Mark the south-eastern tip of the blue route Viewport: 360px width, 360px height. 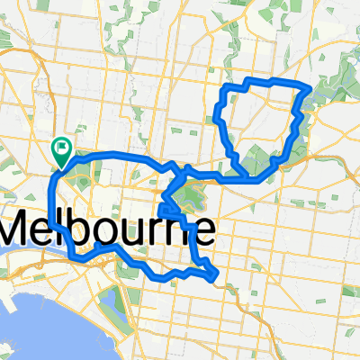pyautogui.click(x=214, y=278)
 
